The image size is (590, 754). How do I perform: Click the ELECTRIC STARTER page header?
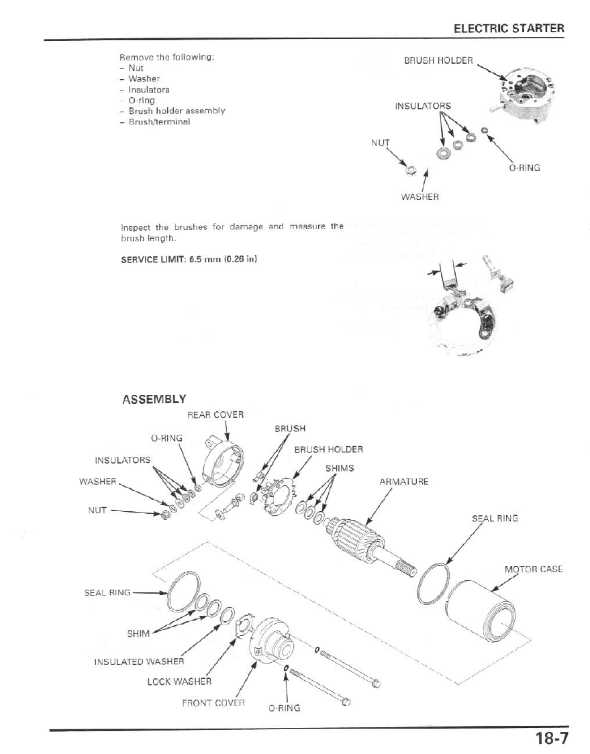509,28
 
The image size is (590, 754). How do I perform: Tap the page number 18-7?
552,739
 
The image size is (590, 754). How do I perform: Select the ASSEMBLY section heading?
154,400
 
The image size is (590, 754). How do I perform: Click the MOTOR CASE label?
533,570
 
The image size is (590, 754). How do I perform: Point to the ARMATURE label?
403,482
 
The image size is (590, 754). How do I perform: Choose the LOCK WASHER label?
179,682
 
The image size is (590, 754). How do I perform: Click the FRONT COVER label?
213,703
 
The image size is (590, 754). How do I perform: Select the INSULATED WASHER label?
139,661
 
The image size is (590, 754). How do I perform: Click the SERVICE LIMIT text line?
189,260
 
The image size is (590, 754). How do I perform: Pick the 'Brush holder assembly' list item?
177,111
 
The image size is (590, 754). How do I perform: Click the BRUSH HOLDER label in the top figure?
438,60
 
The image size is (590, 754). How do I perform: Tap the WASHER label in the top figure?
420,197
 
